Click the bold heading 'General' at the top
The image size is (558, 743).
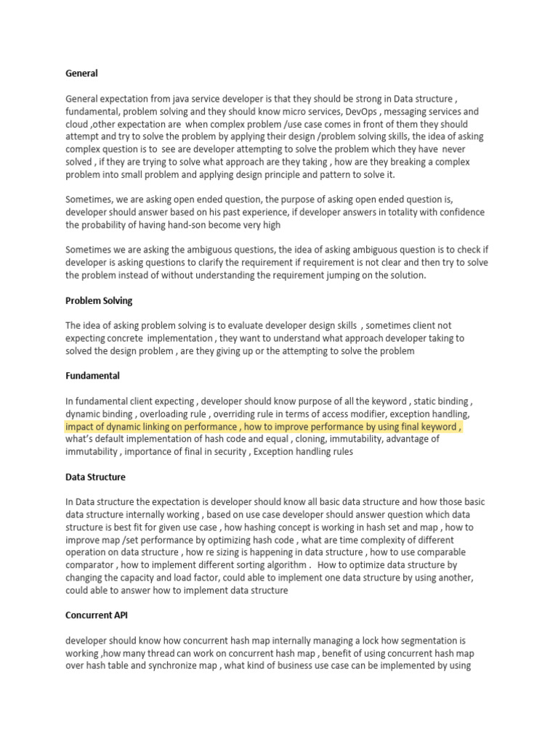81,73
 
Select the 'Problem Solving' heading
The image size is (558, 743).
99,300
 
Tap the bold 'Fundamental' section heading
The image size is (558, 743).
92,376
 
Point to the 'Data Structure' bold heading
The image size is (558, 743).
95,477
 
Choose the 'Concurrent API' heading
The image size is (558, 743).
97,615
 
